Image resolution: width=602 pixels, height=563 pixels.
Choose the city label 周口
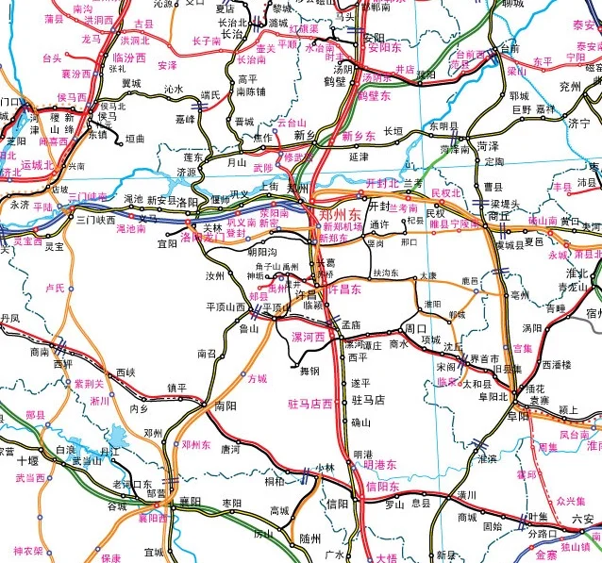416,328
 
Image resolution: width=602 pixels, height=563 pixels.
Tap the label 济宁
577,124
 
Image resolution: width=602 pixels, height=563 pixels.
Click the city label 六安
583,519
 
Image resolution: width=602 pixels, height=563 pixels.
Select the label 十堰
27,461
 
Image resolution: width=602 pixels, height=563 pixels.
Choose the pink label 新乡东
358,137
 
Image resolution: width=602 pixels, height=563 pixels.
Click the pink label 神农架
27,551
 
